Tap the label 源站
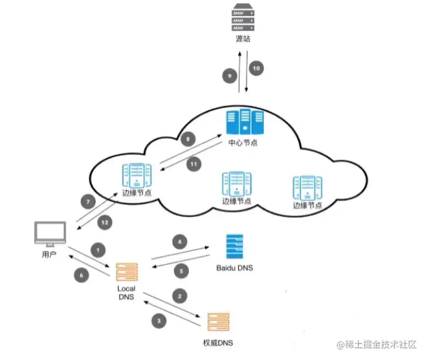tap(242, 39)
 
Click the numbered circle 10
tap(256, 68)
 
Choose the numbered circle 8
tap(187, 139)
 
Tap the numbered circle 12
tap(104, 222)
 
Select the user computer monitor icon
tap(51, 235)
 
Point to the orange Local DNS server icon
tap(126, 271)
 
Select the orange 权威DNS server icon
tap(218, 321)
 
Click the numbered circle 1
tap(98, 249)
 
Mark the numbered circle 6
tap(82, 275)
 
